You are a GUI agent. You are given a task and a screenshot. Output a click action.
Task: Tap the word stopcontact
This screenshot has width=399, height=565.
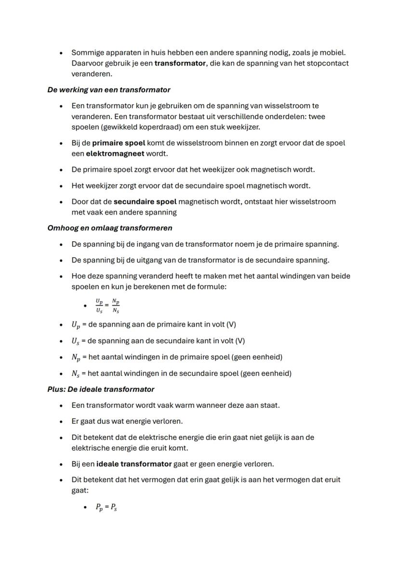(328, 63)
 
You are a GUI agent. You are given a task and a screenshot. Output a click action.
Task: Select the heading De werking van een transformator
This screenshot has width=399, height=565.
(108, 90)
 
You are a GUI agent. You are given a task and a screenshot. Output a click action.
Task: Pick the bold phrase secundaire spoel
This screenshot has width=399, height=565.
(145, 201)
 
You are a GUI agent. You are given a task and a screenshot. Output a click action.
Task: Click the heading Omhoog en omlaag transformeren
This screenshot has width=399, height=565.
(110, 228)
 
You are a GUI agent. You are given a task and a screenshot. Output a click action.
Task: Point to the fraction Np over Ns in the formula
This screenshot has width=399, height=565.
(116, 305)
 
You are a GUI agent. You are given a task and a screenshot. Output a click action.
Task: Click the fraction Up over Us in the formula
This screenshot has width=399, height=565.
(99, 305)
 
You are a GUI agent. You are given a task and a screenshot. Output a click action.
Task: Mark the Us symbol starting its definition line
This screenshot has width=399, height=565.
(75, 341)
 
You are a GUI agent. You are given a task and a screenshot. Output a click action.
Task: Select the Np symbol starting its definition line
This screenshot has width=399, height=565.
(75, 358)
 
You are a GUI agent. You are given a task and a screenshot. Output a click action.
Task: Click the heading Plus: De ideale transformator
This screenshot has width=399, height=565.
(101, 389)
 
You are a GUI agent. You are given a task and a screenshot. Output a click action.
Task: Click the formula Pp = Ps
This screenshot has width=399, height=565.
(106, 508)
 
